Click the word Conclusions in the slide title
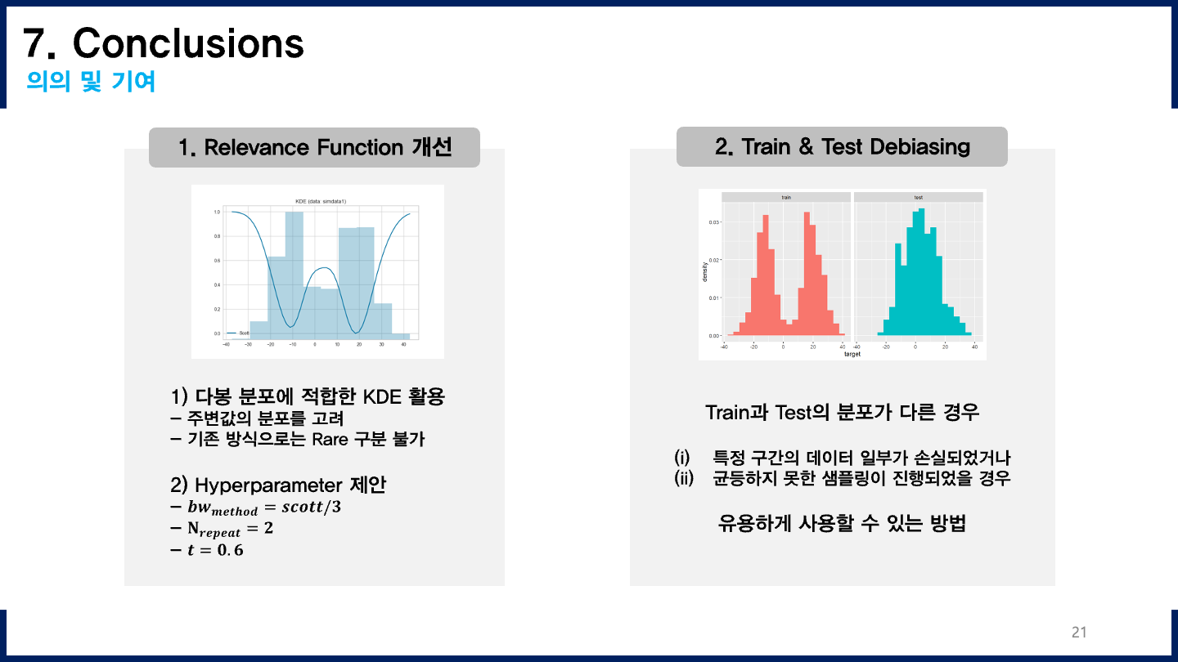click(x=188, y=42)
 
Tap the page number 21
click(x=1078, y=632)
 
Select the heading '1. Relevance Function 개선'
click(x=314, y=147)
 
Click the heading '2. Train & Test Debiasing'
click(x=842, y=146)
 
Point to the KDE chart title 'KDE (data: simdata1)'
click(x=315, y=201)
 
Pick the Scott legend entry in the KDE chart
click(x=238, y=333)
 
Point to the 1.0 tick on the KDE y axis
click(x=217, y=212)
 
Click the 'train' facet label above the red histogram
click(x=786, y=197)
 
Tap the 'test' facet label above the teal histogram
click(x=918, y=197)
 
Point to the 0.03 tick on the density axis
click(x=713, y=221)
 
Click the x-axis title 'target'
click(x=852, y=354)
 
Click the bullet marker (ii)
click(x=683, y=478)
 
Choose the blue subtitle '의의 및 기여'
click(x=91, y=82)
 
